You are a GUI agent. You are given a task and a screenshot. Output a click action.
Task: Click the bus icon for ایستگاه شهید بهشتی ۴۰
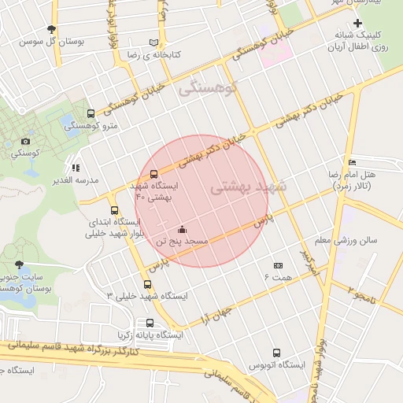(x=153, y=174)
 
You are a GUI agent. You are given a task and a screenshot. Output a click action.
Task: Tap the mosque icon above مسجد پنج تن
(x=183, y=230)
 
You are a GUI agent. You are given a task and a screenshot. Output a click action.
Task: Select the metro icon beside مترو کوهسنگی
(x=91, y=113)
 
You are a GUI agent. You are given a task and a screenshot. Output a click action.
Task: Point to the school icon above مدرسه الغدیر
(x=76, y=168)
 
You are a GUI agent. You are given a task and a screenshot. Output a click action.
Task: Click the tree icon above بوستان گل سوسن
(x=51, y=28)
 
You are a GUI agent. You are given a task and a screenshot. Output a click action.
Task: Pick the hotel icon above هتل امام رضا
(x=351, y=161)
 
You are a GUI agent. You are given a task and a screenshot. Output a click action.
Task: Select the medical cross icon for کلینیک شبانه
(x=357, y=24)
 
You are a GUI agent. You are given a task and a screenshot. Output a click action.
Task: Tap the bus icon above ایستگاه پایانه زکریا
(x=150, y=323)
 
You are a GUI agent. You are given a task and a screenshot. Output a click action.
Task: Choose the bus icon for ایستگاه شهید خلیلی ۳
(x=147, y=284)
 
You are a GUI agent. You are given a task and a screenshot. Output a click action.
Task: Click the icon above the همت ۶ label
(x=277, y=266)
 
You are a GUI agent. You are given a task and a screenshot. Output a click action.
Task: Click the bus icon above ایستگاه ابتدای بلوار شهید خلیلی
(x=115, y=210)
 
